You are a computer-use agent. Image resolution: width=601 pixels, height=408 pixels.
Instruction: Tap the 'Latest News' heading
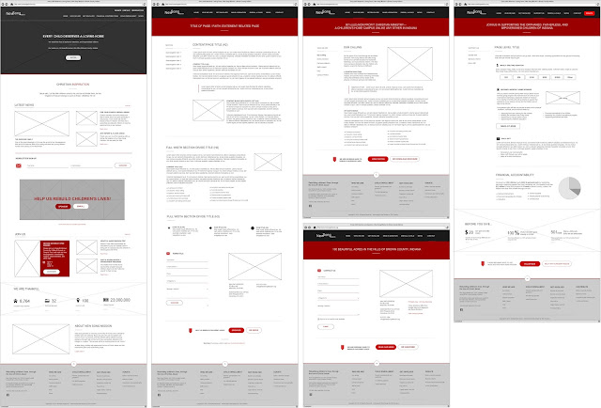[x=24, y=105]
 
